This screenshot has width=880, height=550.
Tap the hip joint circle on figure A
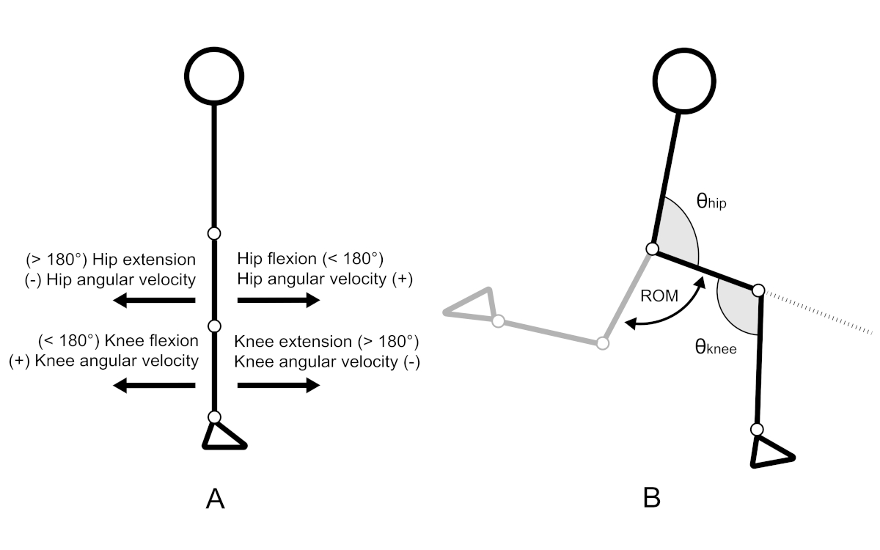pos(213,234)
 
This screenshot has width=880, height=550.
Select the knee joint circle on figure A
pos(213,326)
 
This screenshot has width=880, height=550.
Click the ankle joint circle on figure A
pos(213,417)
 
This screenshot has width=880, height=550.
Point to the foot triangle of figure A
pos(221,437)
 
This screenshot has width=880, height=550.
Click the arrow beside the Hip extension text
pos(154,300)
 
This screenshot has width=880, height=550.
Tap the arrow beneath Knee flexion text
pos(154,386)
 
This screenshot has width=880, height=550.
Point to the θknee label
pos(715,347)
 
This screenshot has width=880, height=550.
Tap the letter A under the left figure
pos(214,499)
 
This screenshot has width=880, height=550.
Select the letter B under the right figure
pos(652,499)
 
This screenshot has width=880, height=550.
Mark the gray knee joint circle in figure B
pos(603,342)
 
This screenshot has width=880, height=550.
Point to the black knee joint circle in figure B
pos(759,290)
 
